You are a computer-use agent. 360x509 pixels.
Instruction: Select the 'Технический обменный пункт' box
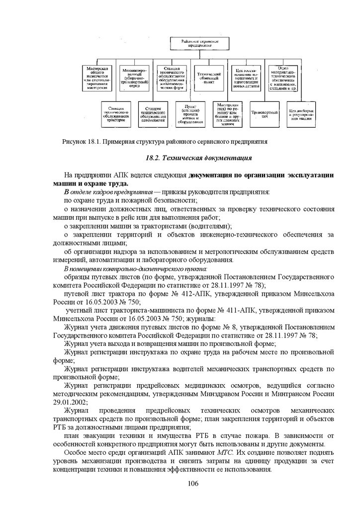point(208,77)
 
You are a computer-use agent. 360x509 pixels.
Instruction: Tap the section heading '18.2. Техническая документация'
point(199,158)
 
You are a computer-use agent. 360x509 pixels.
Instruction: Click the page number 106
point(193,484)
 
